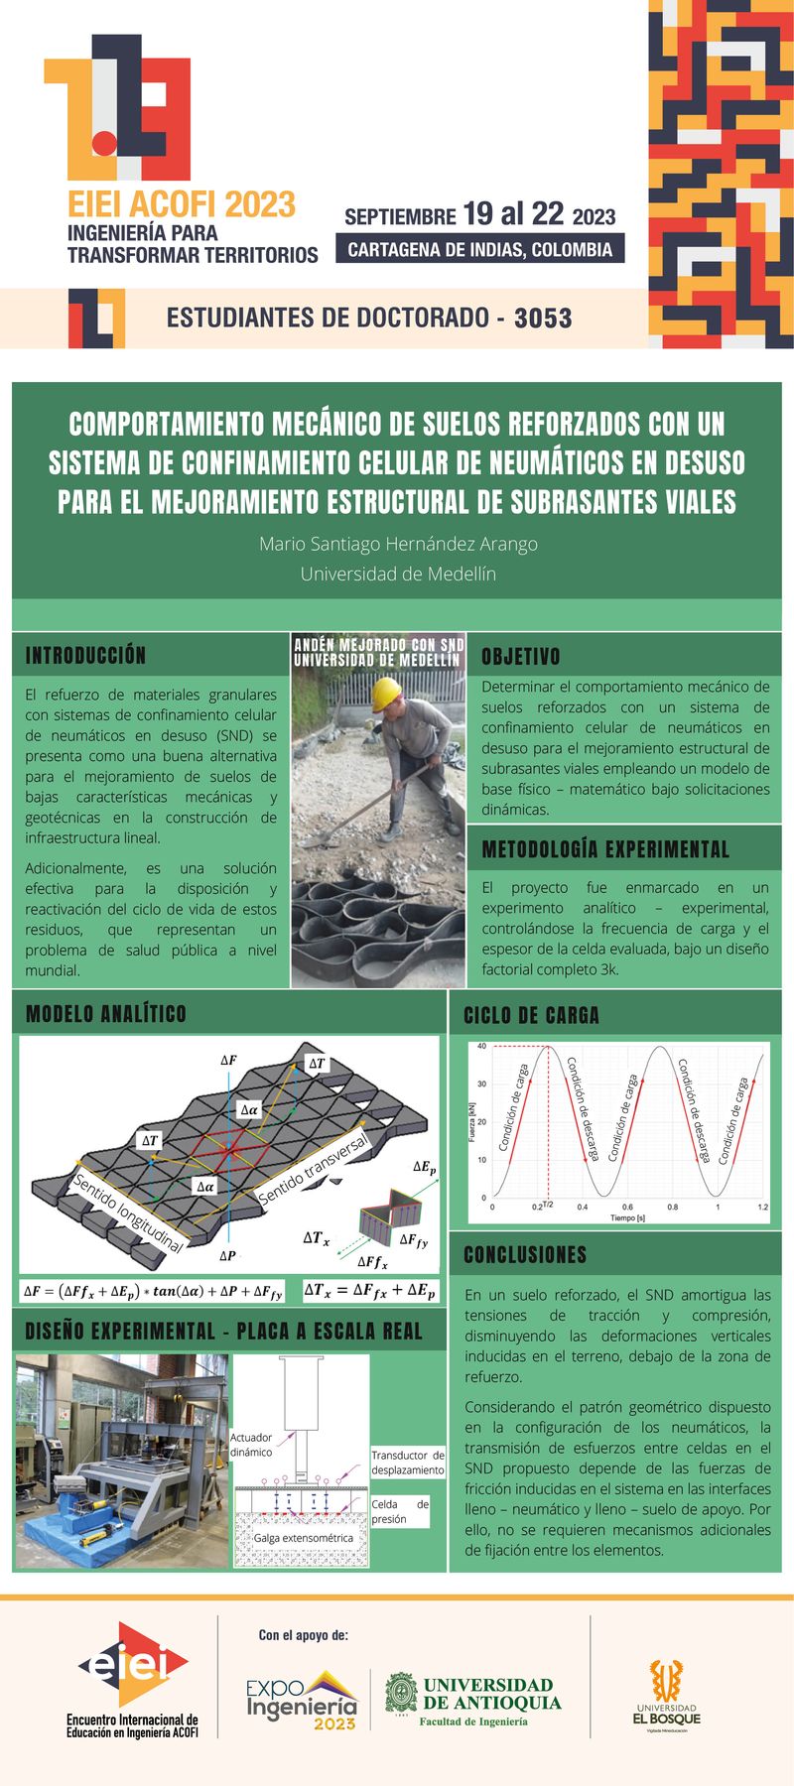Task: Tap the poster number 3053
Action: tap(543, 319)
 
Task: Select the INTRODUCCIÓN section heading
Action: tap(85, 656)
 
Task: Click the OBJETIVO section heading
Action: tap(521, 657)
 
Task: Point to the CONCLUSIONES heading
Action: tap(525, 1255)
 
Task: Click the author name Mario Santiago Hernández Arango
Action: tap(398, 544)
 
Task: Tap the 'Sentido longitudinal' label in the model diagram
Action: tap(128, 1212)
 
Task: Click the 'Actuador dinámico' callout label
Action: tap(251, 1445)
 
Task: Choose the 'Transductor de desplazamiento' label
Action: tap(408, 1463)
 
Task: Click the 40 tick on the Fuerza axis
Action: tap(481, 1046)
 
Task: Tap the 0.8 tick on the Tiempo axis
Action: tap(672, 1207)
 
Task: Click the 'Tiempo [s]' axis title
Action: tap(627, 1218)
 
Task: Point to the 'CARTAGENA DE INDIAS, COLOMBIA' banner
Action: tap(479, 250)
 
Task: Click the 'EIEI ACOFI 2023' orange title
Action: tap(182, 205)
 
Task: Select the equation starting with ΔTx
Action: tap(369, 1290)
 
